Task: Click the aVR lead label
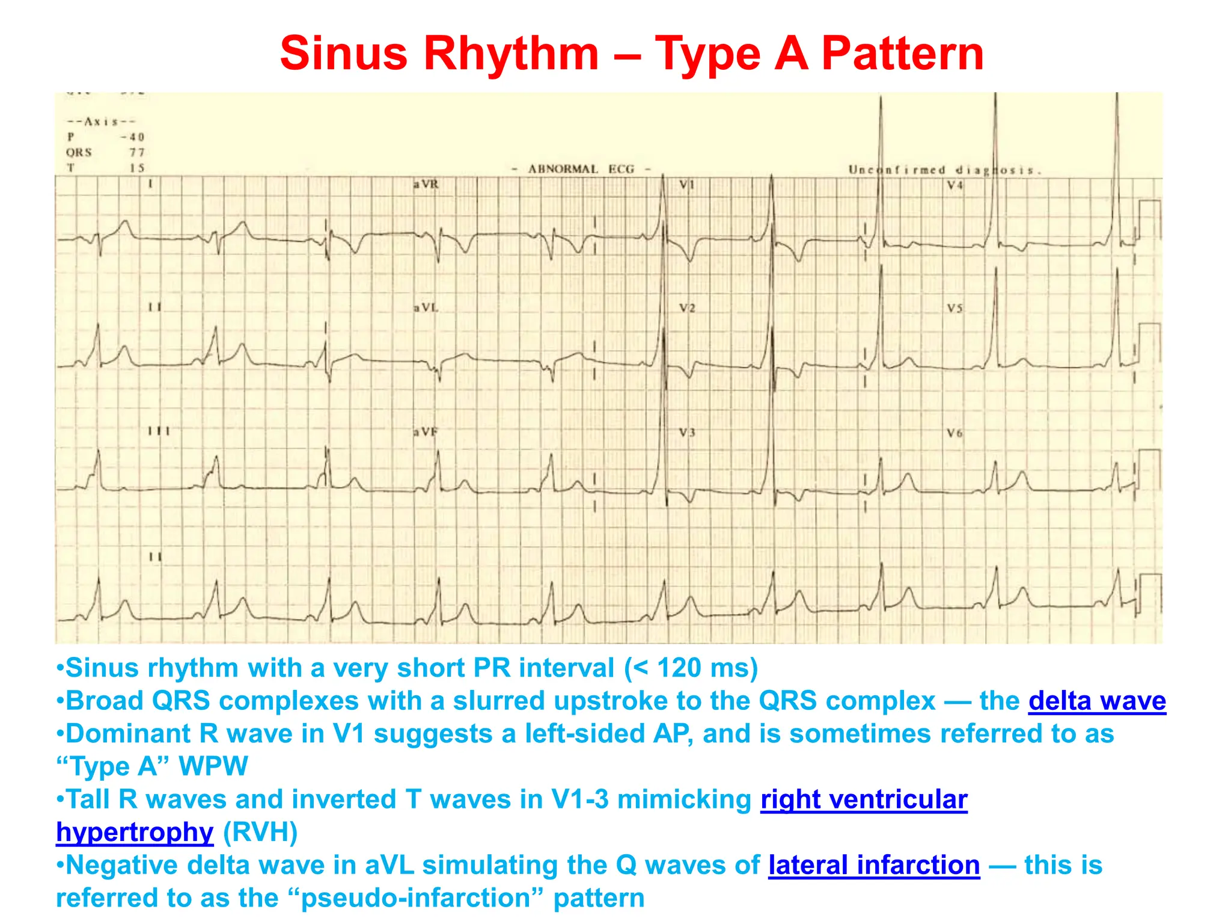pos(426,184)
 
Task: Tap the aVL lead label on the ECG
pos(426,308)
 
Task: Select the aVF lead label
pos(425,432)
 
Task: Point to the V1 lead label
pos(687,184)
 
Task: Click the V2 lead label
pos(687,308)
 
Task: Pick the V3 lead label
pos(687,433)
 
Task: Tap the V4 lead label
pos(955,185)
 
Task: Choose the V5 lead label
pos(955,308)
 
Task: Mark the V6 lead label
pos(955,433)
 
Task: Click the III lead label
pos(159,431)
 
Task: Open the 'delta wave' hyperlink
pos(1097,701)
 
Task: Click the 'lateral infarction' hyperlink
pos(874,865)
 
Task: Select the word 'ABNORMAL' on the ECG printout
pos(563,169)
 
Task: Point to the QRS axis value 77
pos(137,153)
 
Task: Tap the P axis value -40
pos(133,137)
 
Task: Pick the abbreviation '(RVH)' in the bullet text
pos(260,833)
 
